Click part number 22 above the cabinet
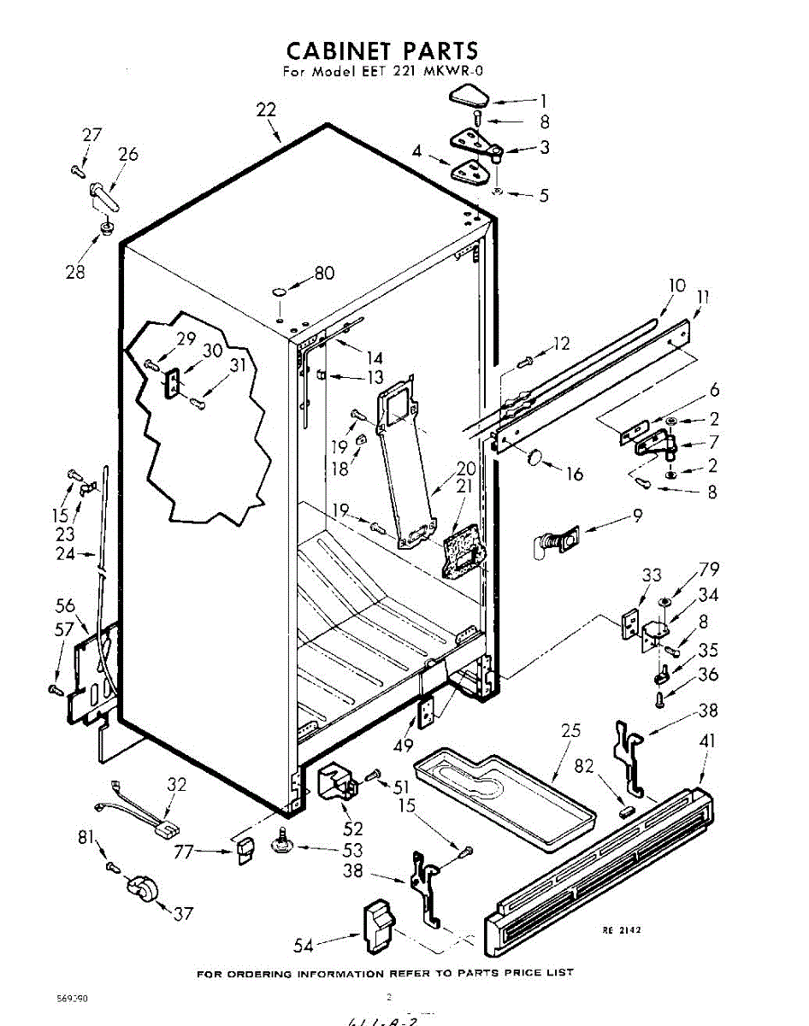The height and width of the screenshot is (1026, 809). (266, 110)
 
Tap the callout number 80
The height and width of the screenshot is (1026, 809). (324, 274)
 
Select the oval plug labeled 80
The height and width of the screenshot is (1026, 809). (280, 292)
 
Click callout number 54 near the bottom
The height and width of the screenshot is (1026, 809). (304, 945)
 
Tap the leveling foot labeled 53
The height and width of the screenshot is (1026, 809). (282, 844)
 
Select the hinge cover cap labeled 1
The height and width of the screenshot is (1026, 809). (465, 95)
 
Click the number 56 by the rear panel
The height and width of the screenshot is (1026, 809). (66, 604)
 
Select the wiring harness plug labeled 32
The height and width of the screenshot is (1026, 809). (162, 827)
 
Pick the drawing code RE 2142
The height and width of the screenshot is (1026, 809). (622, 930)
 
